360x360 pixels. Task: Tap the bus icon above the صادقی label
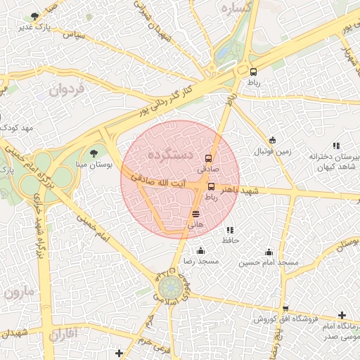click(x=208, y=159)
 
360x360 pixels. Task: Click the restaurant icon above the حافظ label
click(x=230, y=230)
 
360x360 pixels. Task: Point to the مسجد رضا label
click(x=201, y=261)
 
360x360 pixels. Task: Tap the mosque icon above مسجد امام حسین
click(x=268, y=252)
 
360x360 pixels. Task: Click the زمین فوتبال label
click(x=272, y=150)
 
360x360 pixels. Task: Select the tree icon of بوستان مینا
click(x=94, y=153)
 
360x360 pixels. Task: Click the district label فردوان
click(x=67, y=89)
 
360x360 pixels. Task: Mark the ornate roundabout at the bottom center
click(x=169, y=288)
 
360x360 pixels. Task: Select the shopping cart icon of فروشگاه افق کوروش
click(x=285, y=309)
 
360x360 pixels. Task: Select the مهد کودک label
click(x=18, y=128)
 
